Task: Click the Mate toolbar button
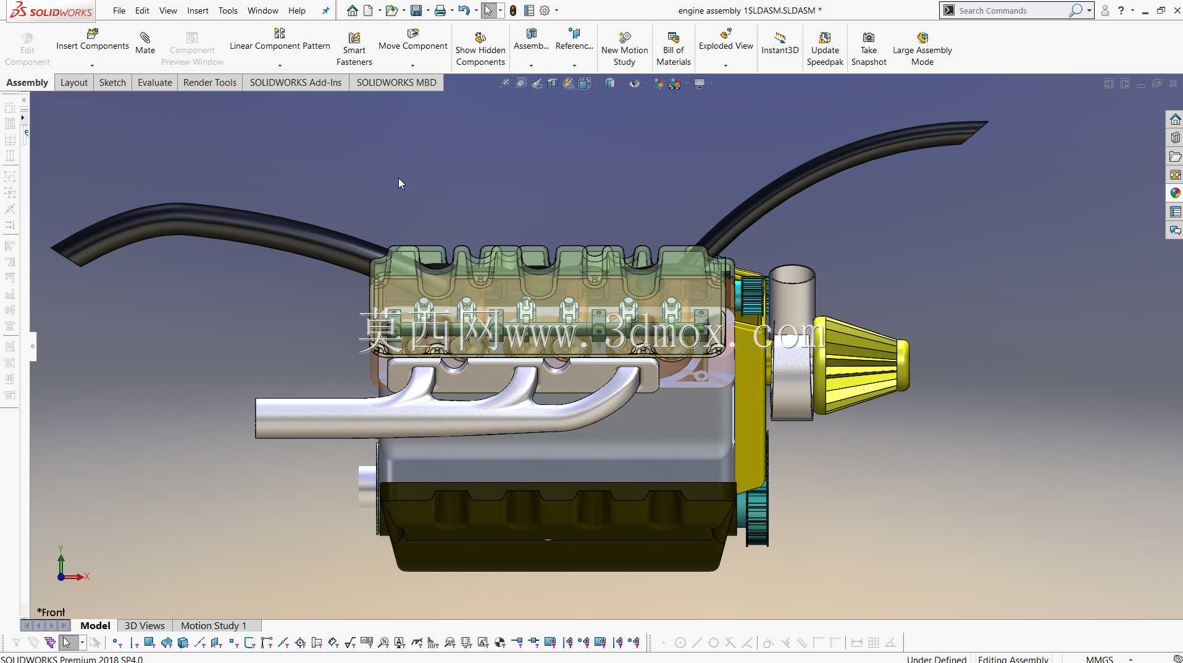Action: point(145,43)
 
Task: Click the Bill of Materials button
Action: point(674,49)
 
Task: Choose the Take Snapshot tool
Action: point(869,49)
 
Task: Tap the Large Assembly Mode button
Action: point(922,49)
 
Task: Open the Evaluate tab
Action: point(155,83)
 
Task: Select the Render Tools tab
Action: point(210,83)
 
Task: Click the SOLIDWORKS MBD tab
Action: point(396,83)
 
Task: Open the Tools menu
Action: point(228,10)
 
